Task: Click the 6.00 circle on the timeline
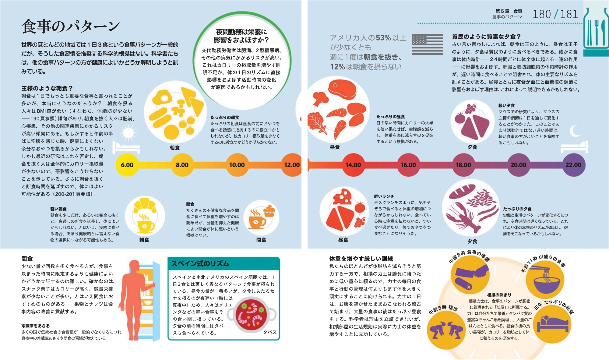click(x=127, y=165)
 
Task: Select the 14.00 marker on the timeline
click(x=353, y=165)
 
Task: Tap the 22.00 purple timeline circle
click(x=573, y=165)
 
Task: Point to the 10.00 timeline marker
click(x=237, y=165)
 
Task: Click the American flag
click(x=427, y=44)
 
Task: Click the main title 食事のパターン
click(x=71, y=26)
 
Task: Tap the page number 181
click(x=569, y=14)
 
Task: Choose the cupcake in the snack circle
click(x=269, y=210)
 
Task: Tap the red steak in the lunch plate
click(x=342, y=89)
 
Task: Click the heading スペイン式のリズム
click(x=200, y=263)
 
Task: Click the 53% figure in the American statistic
click(x=383, y=38)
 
